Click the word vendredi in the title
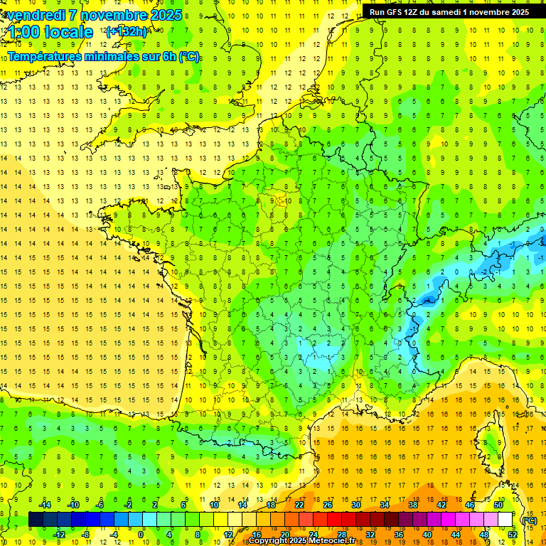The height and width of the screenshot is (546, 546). tap(36, 15)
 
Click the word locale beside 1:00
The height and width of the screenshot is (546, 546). tap(68, 32)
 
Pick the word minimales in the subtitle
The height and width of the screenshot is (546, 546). tap(117, 56)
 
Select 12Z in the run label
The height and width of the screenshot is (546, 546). tap(419, 12)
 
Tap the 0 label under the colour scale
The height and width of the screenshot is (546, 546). tap(141, 535)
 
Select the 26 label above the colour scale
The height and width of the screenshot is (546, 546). tap(328, 505)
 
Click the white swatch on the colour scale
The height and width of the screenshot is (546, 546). tap(505, 520)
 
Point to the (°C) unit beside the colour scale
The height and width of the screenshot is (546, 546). tap(529, 520)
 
